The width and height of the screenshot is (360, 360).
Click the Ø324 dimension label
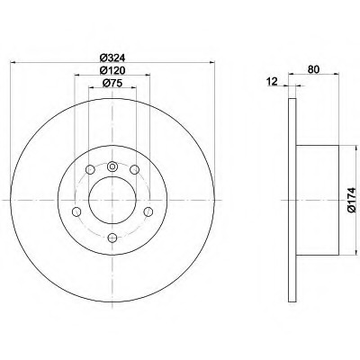[112, 58]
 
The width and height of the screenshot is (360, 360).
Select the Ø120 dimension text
[112, 70]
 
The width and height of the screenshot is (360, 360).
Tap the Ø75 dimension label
[112, 83]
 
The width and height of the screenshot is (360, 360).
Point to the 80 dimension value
[313, 69]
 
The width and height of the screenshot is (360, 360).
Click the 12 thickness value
[273, 82]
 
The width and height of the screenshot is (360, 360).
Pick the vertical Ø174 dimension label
[351, 200]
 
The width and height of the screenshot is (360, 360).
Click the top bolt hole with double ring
[112, 166]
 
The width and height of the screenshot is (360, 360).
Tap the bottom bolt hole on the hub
[112, 238]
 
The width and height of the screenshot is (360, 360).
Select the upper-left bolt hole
[90, 170]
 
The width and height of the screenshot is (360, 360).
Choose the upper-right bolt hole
[134, 170]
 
